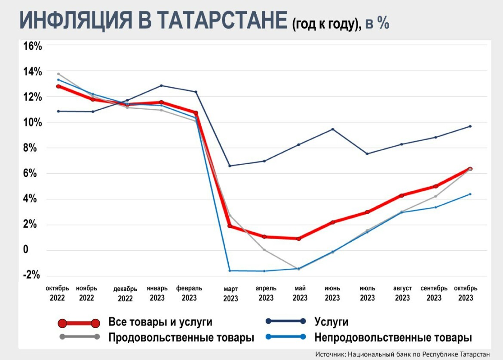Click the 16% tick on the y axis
(x=32, y=46)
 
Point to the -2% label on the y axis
(x=31, y=275)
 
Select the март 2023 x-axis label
(x=230, y=293)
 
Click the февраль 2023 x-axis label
(x=189, y=293)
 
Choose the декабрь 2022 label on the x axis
(x=125, y=293)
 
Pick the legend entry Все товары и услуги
(x=160, y=322)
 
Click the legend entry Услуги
(x=331, y=322)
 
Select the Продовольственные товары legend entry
(x=181, y=337)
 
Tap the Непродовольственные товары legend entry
(x=393, y=337)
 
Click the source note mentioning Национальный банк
(x=402, y=354)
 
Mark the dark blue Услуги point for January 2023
(x=161, y=86)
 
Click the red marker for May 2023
(x=298, y=238)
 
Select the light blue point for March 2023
(x=230, y=271)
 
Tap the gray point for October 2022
(x=58, y=74)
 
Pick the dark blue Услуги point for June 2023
(x=332, y=129)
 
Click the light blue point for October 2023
(x=470, y=194)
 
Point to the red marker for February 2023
(x=196, y=113)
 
